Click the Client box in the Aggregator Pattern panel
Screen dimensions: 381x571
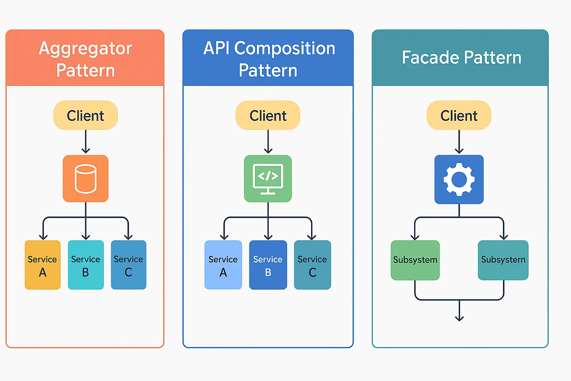pyautogui.click(x=85, y=115)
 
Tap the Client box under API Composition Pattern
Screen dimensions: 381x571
pyautogui.click(x=268, y=115)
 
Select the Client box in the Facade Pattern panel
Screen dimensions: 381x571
pyautogui.click(x=459, y=115)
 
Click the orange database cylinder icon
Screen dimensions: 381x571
pyautogui.click(x=86, y=179)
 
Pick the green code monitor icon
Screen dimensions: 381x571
pyautogui.click(x=268, y=179)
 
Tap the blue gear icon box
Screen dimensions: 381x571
pyautogui.click(x=459, y=179)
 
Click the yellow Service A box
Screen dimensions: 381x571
pyautogui.click(x=42, y=265)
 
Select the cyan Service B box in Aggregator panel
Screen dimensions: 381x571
pyautogui.click(x=86, y=265)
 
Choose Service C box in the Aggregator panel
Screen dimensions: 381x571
pyautogui.click(x=129, y=265)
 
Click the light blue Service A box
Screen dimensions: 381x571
pyautogui.click(x=223, y=265)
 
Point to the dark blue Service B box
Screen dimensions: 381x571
pyautogui.click(x=268, y=265)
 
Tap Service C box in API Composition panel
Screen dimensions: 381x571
pyautogui.click(x=312, y=265)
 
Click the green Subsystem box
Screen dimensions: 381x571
pyautogui.click(x=415, y=260)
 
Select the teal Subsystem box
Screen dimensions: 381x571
pyautogui.click(x=503, y=260)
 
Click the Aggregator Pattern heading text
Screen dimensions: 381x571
pyautogui.click(x=85, y=59)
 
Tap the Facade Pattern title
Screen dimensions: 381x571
pyautogui.click(x=461, y=58)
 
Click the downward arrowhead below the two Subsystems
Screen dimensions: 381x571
pyautogui.click(x=459, y=318)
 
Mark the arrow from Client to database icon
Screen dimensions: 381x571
pyautogui.click(x=86, y=142)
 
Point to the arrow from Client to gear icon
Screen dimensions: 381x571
pyautogui.click(x=459, y=142)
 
